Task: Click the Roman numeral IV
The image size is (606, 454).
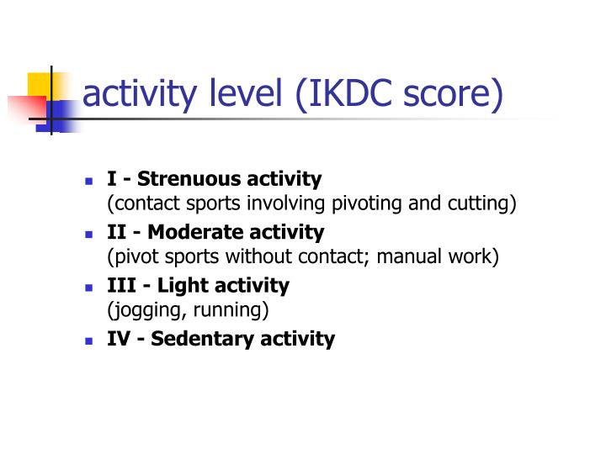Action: click(x=118, y=339)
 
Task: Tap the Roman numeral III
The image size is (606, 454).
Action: click(x=120, y=285)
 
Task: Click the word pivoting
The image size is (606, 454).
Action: click(x=373, y=204)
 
